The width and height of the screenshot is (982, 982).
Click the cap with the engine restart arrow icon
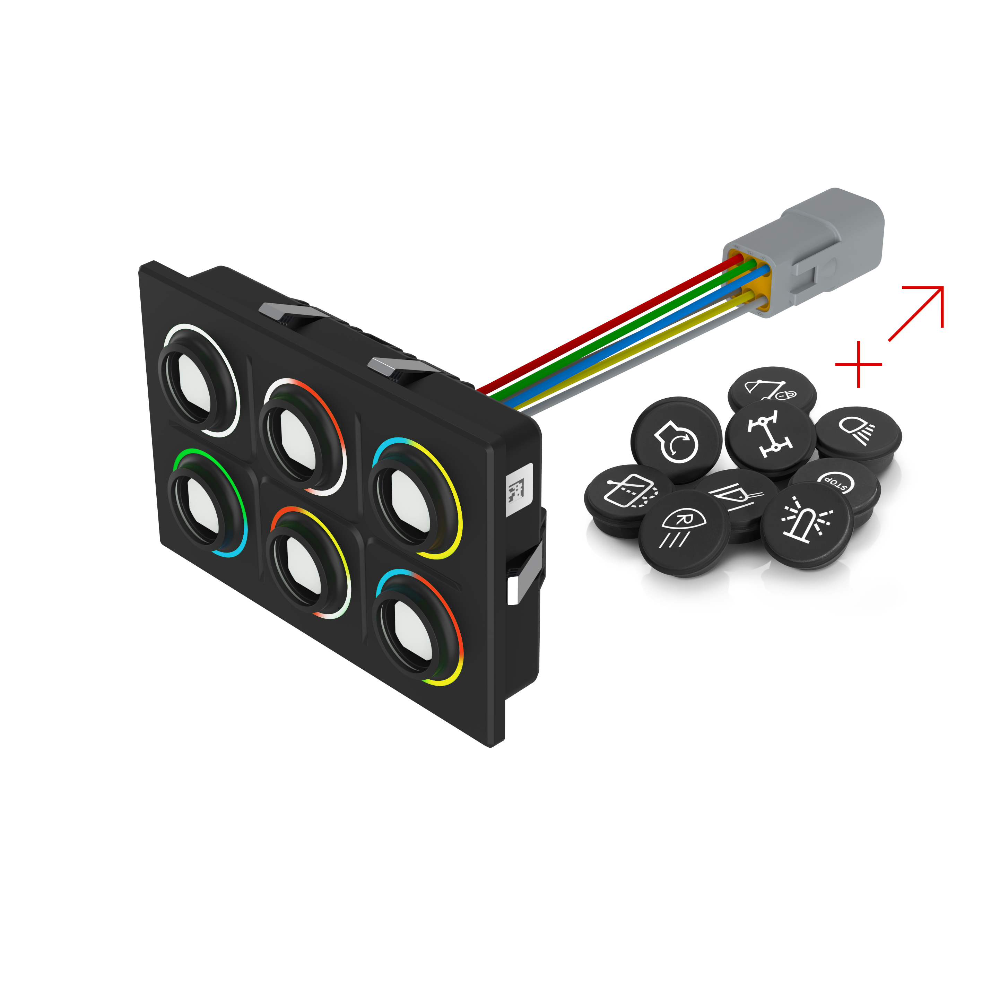pyautogui.click(x=676, y=439)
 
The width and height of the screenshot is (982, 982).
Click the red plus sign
pyautogui.click(x=859, y=364)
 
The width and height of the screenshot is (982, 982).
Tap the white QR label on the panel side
pyautogui.click(x=519, y=490)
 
